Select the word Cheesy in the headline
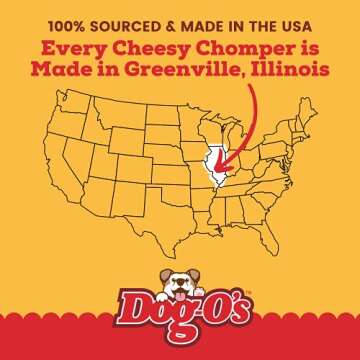[x=160, y=48]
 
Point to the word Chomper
[x=237, y=48]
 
